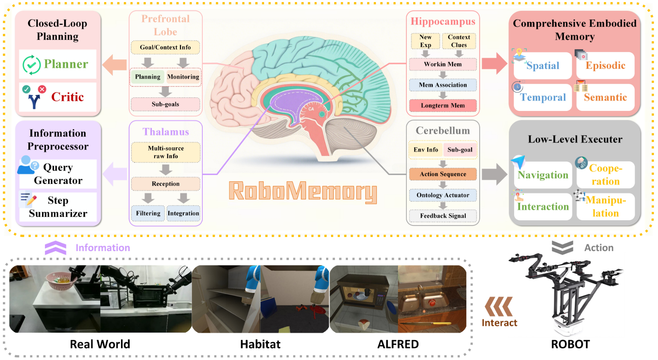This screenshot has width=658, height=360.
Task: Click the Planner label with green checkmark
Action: [58, 64]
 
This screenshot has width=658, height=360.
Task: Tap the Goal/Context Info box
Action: [165, 47]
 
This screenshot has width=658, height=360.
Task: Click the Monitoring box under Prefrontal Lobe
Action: [183, 76]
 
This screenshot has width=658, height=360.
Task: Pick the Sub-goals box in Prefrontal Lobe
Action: [165, 104]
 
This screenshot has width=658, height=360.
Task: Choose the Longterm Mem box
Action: [443, 105]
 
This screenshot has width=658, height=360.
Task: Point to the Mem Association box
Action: [443, 85]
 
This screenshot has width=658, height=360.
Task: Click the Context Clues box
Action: [459, 41]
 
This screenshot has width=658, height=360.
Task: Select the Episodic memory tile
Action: [605, 65]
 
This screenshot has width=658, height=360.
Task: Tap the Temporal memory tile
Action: [543, 97]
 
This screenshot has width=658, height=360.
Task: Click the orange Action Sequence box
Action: [443, 174]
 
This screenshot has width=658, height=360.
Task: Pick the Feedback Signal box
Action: [443, 216]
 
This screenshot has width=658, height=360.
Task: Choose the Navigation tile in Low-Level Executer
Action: [543, 175]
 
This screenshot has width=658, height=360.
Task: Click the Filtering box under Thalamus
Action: [148, 213]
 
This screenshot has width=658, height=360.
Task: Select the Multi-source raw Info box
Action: [166, 152]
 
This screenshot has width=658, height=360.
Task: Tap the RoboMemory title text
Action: [303, 191]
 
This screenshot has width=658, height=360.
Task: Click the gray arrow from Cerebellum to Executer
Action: [494, 174]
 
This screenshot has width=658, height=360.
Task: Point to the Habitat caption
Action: [260, 344]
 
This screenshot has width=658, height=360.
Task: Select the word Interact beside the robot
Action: [499, 323]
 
